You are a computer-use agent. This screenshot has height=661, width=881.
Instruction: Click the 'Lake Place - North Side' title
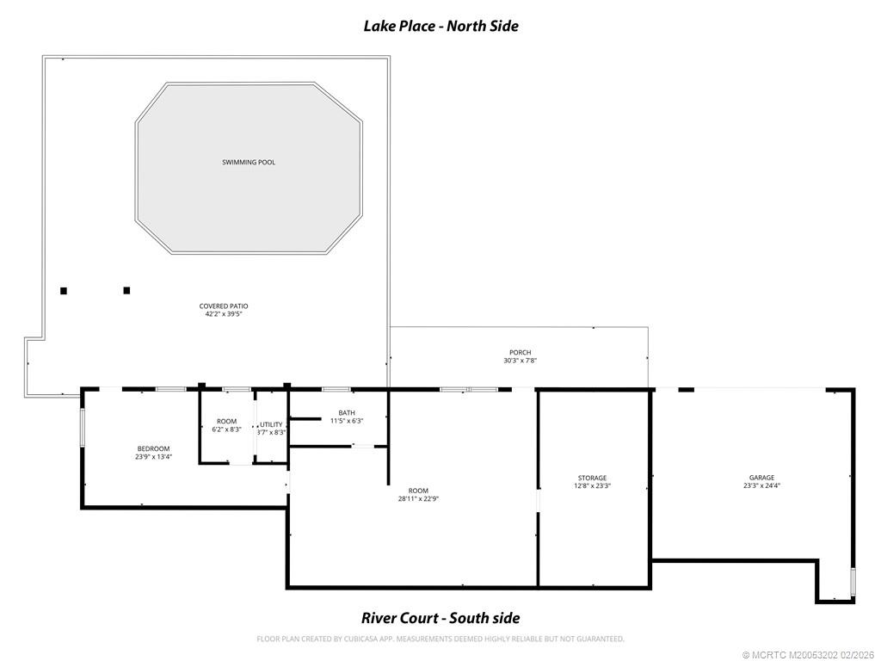(x=440, y=26)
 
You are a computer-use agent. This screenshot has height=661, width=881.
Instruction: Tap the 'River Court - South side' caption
(x=440, y=618)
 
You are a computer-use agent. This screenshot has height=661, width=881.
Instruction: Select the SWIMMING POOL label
(x=249, y=162)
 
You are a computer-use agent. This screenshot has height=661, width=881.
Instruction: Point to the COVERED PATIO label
(x=224, y=306)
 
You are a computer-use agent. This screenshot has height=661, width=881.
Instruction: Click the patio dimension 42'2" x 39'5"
(x=224, y=314)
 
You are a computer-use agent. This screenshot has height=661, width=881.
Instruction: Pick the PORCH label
(x=520, y=352)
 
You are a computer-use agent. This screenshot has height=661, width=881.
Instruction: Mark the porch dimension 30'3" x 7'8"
(x=520, y=361)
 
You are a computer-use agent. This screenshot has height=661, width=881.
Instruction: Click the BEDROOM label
(x=153, y=448)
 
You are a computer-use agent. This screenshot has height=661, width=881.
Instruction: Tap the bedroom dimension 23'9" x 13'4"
(x=153, y=457)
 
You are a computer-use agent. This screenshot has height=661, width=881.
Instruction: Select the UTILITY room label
(x=272, y=424)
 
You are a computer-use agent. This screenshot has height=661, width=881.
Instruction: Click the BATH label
(x=347, y=412)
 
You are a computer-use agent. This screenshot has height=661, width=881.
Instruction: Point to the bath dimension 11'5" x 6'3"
(x=347, y=421)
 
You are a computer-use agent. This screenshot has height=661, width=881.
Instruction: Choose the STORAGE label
(x=592, y=478)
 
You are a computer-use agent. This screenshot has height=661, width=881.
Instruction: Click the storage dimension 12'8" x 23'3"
(x=592, y=486)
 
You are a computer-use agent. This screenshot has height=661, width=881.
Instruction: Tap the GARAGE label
(x=761, y=478)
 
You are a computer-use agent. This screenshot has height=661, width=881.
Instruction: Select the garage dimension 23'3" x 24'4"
(x=761, y=486)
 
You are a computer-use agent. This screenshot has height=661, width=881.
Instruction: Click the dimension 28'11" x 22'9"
(x=413, y=498)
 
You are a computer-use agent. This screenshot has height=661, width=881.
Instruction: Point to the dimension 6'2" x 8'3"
(x=226, y=429)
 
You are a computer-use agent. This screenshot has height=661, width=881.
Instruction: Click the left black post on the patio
(x=64, y=291)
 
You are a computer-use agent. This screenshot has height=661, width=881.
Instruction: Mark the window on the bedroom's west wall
(x=83, y=427)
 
